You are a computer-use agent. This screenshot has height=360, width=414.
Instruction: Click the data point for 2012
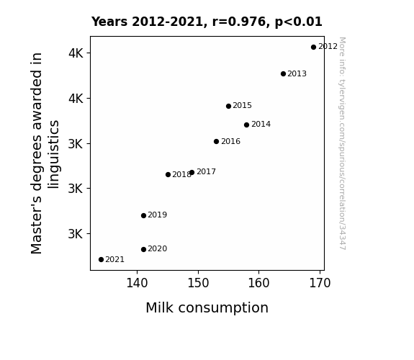pos(313,48)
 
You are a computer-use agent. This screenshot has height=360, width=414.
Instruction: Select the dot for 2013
pos(283,74)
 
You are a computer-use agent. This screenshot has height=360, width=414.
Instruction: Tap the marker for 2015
pos(229,106)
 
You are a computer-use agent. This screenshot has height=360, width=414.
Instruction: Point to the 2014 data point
pos(247,125)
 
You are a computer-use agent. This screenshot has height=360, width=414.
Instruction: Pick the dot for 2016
pos(216,142)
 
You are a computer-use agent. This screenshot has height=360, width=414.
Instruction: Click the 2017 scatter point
pos(192,173)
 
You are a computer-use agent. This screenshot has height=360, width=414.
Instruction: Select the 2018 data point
pos(168,174)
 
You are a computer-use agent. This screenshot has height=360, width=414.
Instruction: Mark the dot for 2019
pos(143,216)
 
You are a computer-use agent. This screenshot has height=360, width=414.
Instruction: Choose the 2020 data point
pos(143,250)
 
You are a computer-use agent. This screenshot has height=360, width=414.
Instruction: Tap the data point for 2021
pos(101,260)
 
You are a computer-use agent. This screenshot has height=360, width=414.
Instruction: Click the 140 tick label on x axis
pos(137,283)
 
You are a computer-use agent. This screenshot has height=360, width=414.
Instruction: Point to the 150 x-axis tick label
pos(198,283)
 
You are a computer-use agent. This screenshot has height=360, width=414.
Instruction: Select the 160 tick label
pos(258,283)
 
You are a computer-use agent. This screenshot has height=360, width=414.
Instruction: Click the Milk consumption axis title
pos(207,308)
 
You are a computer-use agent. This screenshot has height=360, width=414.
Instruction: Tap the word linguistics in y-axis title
pos(54,154)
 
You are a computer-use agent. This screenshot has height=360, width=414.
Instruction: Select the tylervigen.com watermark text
pos(342,143)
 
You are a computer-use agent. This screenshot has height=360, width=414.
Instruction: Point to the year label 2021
pos(115,260)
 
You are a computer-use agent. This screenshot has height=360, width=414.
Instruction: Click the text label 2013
pos(297,74)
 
